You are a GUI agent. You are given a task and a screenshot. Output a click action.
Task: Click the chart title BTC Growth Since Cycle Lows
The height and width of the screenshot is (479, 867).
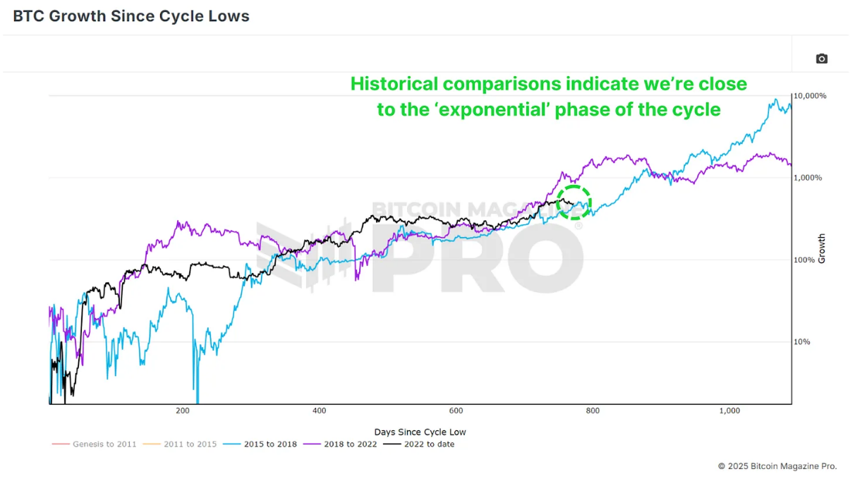[131, 16]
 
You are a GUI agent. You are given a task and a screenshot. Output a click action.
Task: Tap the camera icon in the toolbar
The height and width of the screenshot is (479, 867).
[821, 59]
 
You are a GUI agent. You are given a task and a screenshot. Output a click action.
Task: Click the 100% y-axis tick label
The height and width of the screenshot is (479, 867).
[805, 260]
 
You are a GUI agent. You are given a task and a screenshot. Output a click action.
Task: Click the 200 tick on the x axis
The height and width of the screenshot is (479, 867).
[183, 411]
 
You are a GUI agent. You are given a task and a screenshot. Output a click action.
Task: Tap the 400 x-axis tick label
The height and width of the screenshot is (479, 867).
[320, 411]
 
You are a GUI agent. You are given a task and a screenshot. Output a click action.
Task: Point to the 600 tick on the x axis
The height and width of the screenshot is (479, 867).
[456, 411]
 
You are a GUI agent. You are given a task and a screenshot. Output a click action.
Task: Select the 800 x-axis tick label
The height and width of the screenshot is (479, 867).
[593, 411]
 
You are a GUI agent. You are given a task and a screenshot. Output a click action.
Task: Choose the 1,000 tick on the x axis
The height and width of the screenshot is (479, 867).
[729, 411]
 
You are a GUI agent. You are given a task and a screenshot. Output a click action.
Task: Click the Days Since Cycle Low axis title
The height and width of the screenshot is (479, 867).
[420, 432]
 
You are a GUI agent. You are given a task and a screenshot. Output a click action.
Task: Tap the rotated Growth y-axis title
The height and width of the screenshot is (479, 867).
[822, 249]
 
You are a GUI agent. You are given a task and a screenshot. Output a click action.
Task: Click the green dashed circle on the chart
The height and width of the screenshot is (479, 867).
[573, 202]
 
